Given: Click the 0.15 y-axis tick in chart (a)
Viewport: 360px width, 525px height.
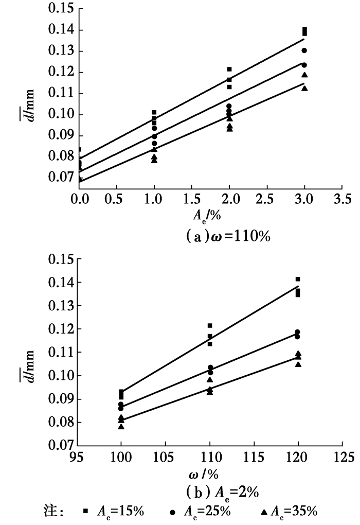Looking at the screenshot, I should (61, 9).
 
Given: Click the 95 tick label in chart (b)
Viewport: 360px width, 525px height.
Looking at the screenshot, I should (77, 456).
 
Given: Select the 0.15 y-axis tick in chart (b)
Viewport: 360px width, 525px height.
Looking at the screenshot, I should (61, 259).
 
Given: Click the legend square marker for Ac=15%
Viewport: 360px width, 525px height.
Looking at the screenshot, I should (86, 511).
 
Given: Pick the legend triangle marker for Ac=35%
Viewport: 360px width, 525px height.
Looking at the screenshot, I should (263, 511).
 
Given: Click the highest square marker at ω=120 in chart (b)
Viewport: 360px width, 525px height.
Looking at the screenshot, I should (298, 279).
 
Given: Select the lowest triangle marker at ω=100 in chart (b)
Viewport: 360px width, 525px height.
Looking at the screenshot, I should (121, 427).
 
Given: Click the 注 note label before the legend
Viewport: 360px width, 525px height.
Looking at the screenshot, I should (53, 511).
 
